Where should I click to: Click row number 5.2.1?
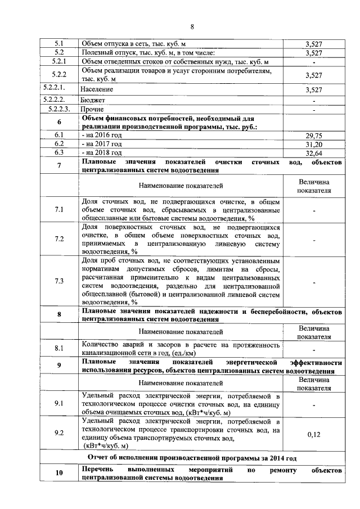click(x=59, y=61)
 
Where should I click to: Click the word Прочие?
click(x=92, y=109)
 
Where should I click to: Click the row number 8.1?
click(x=59, y=348)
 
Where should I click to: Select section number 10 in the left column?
click(x=59, y=473)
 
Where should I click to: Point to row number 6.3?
click(x=59, y=152)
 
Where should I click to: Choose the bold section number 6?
click(x=59, y=123)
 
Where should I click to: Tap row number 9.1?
click(x=59, y=403)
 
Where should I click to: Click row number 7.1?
click(x=59, y=209)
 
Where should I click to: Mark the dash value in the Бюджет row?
click(x=313, y=101)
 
